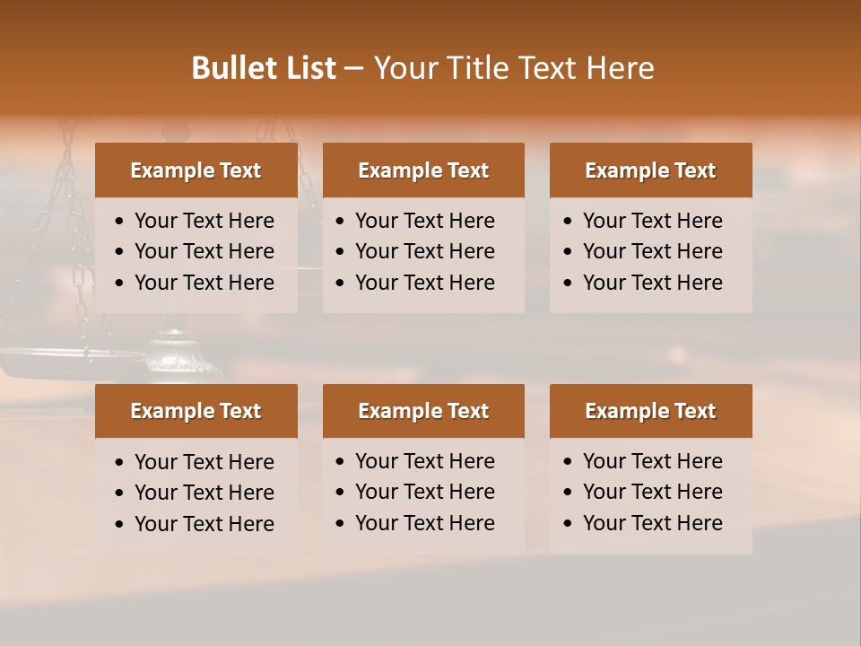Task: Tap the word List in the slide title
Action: [x=309, y=68]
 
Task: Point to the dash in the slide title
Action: [x=353, y=69]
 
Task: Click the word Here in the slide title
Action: [x=620, y=68]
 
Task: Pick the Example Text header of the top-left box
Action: [x=196, y=170]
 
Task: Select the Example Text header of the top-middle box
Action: [x=423, y=170]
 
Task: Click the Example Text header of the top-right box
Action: [x=650, y=170]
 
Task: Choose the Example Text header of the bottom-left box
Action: [x=196, y=411]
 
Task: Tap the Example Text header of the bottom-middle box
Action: [x=423, y=411]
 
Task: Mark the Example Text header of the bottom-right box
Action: [x=650, y=411]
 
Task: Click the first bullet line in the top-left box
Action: [x=204, y=221]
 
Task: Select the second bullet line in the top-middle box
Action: [x=424, y=251]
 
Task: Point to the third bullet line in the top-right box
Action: [x=652, y=283]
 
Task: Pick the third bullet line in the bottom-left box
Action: [x=204, y=524]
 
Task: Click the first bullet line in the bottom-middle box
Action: [x=424, y=461]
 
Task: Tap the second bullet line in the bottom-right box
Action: [x=652, y=492]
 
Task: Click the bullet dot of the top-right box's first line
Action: [x=568, y=222]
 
